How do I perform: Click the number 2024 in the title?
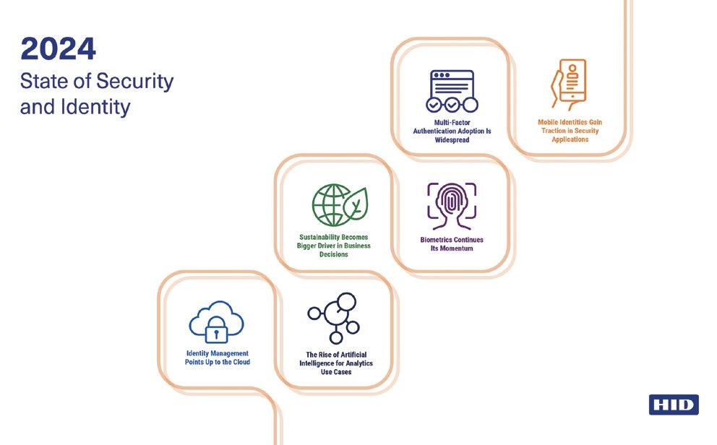coord(58,50)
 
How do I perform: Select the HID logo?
coord(673,405)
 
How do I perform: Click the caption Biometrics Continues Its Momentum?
coord(452,244)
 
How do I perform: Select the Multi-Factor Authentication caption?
coord(452,131)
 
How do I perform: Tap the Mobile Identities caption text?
coord(570,131)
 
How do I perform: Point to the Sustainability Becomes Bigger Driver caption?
coord(335,246)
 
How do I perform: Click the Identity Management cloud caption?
coord(217,358)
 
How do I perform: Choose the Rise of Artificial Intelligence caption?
coord(336,363)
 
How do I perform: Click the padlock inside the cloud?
coord(215,331)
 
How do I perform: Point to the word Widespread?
coord(452,140)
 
